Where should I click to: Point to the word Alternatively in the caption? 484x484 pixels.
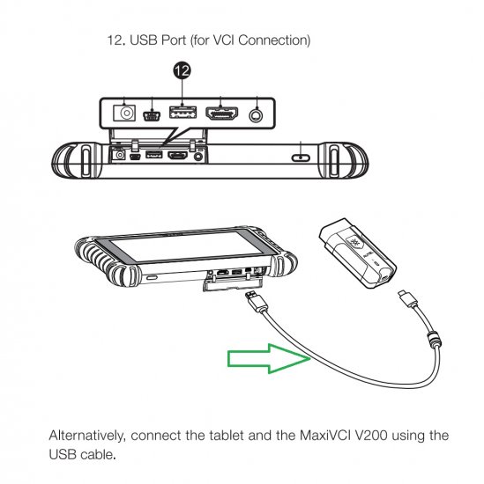pos(89,436)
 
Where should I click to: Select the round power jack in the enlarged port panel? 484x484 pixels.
pos(124,113)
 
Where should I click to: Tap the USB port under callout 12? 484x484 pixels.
pos(182,114)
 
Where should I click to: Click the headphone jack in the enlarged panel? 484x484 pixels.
pos(257,114)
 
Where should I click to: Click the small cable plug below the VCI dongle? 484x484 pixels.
pos(407,298)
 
